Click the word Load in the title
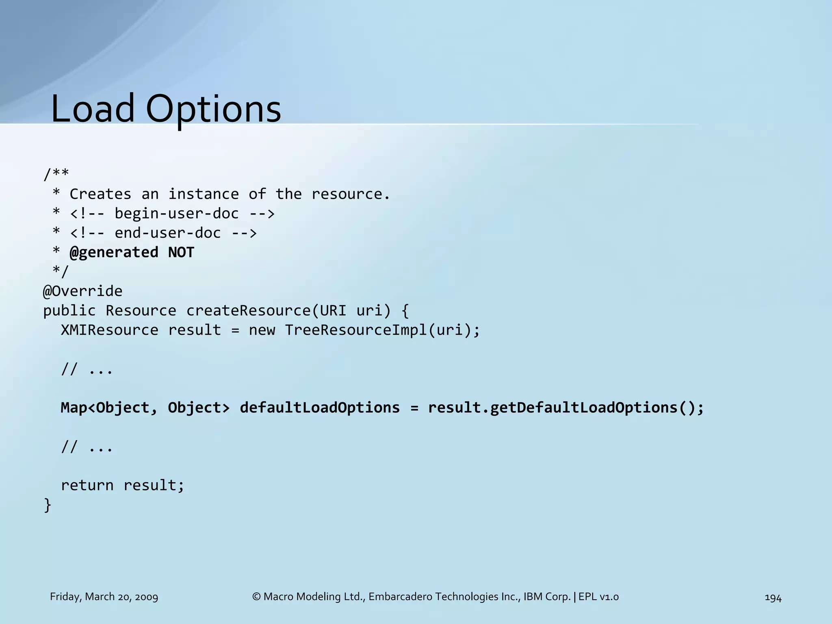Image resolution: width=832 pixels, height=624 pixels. click(x=93, y=108)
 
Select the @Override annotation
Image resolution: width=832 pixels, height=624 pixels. click(x=83, y=291)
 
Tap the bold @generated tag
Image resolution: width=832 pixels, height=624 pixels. click(x=114, y=252)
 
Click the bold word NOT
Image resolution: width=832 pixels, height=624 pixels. click(x=181, y=252)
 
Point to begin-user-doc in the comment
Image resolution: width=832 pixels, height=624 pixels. click(x=177, y=214)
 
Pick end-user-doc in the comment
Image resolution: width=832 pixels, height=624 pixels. click(x=168, y=233)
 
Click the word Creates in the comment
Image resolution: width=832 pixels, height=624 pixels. click(x=100, y=194)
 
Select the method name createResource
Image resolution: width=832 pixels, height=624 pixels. click(x=248, y=310)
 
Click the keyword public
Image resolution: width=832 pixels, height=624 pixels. click(x=69, y=310)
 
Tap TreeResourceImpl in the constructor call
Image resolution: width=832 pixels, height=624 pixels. click(x=355, y=330)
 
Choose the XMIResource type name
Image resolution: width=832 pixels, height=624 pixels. click(x=110, y=330)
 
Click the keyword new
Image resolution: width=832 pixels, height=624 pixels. click(x=262, y=330)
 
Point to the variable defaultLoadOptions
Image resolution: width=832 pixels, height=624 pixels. click(x=320, y=407)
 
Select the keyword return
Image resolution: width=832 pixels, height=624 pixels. click(x=87, y=485)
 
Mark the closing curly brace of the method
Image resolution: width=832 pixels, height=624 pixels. click(x=48, y=505)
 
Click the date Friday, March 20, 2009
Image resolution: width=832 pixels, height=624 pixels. click(x=104, y=597)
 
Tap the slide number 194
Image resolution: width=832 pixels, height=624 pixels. click(x=773, y=598)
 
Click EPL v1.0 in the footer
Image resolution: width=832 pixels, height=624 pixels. click(x=598, y=597)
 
